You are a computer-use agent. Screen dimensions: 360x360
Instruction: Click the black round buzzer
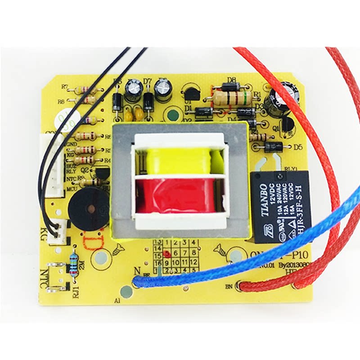[89, 209]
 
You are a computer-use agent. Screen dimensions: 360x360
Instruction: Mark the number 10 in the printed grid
[175, 262]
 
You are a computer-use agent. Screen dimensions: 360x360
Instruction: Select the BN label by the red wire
[227, 285]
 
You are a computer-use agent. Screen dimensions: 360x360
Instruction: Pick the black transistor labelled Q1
[286, 123]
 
